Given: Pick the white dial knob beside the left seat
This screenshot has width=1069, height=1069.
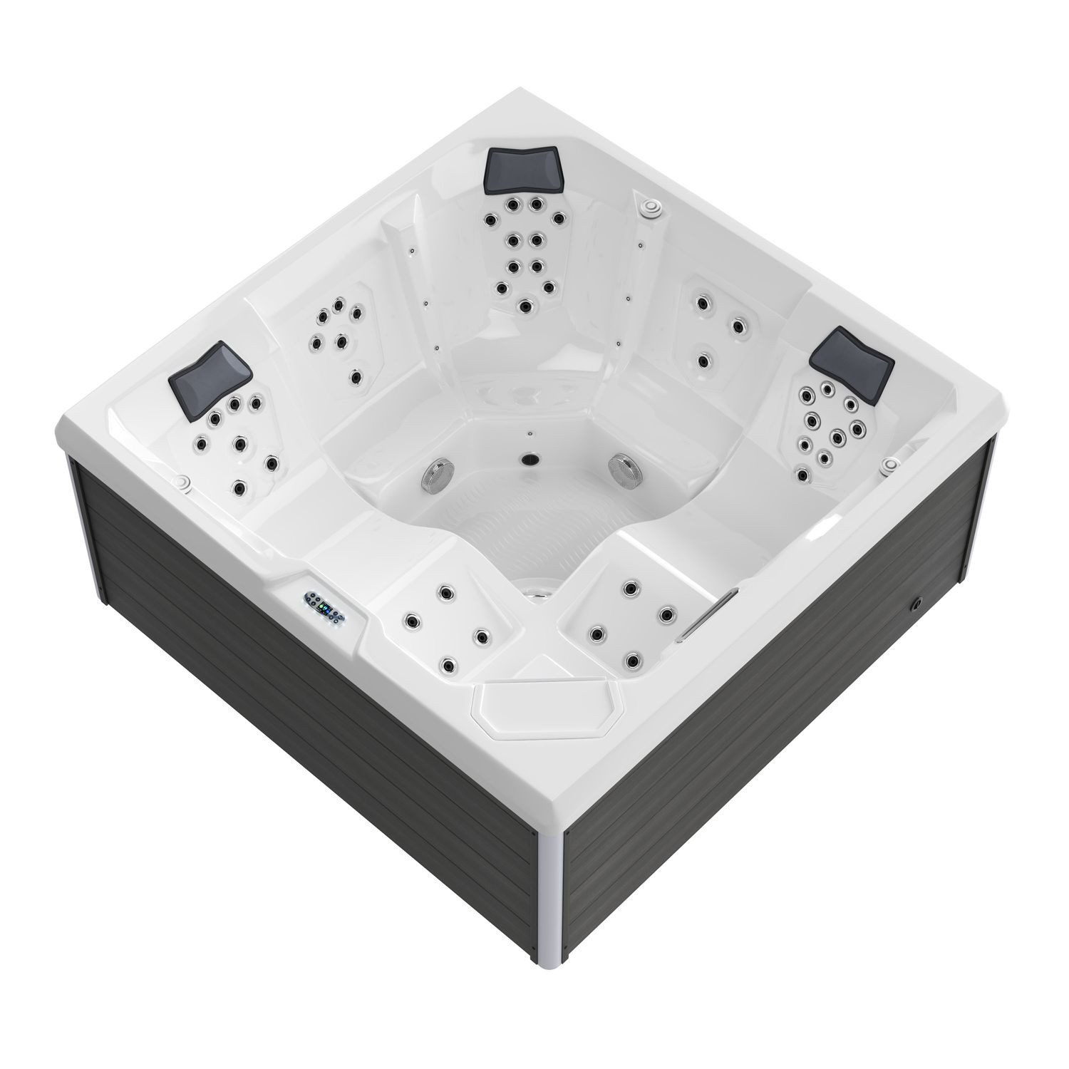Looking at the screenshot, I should coord(182,482).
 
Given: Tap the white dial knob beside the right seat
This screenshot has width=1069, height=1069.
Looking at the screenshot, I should coord(888,465).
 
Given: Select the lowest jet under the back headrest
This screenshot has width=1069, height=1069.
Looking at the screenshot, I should coord(525,306).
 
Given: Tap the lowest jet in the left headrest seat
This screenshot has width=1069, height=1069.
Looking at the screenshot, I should coord(239,488).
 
